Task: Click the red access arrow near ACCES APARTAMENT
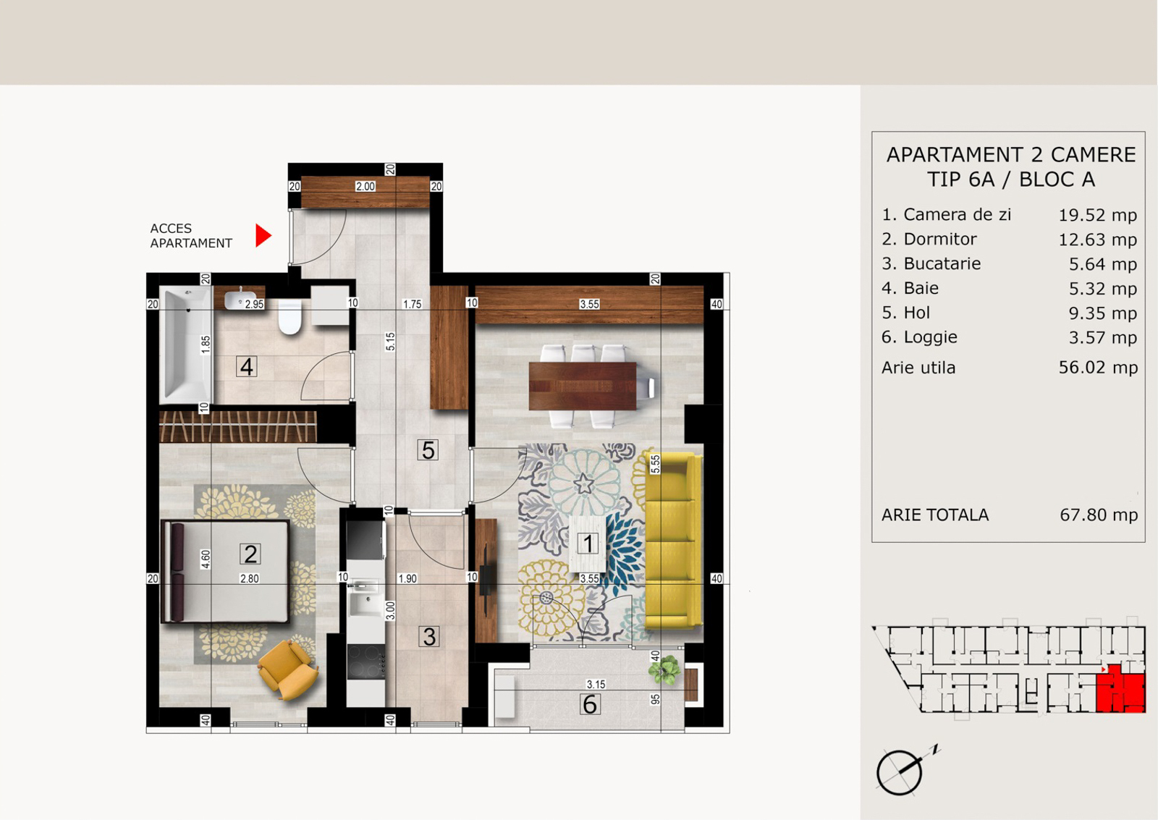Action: [x=263, y=235]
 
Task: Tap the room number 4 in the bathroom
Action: [x=247, y=366]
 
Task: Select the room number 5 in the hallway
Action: [x=428, y=450]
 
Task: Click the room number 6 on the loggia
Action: [x=590, y=705]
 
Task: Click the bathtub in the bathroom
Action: [x=186, y=345]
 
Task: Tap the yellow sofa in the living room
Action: [x=672, y=541]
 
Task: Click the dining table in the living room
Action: [x=583, y=386]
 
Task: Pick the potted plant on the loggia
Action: [x=664, y=669]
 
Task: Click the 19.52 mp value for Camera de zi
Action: [x=1097, y=215]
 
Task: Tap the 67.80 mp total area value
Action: [x=1099, y=515]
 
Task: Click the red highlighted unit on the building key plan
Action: [x=1120, y=690]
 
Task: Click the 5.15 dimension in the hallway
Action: [x=390, y=342]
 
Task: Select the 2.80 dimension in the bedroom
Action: [x=249, y=578]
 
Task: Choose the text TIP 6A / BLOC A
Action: [x=1010, y=179]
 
